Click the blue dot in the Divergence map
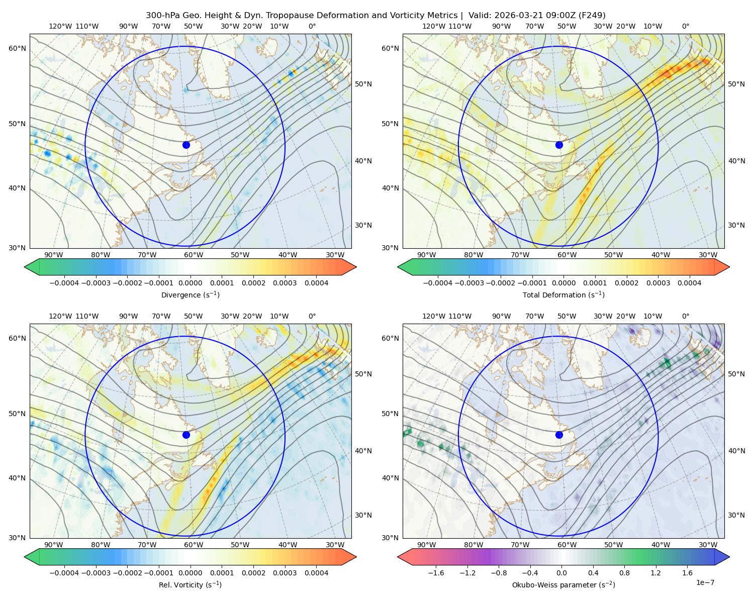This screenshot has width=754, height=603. [x=186, y=145]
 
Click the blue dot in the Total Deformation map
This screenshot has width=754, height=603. [x=559, y=145]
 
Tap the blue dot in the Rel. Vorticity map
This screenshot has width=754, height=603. [x=186, y=435]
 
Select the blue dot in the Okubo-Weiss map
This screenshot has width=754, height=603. [x=559, y=435]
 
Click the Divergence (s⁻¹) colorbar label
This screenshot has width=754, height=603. [x=190, y=294]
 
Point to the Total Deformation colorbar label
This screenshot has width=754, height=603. [x=563, y=294]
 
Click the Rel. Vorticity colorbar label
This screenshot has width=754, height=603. [x=190, y=584]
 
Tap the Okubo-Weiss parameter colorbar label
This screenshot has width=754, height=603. [x=563, y=584]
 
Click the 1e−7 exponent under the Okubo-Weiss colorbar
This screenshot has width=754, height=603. [x=705, y=582]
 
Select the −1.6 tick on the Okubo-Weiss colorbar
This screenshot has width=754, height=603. [x=436, y=573]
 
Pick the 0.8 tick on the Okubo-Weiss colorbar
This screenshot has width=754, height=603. [x=624, y=573]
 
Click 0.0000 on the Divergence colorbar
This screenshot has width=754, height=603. [x=190, y=283]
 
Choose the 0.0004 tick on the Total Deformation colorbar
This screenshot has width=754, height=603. [x=689, y=283]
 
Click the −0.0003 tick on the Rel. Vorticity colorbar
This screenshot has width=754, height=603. [x=96, y=573]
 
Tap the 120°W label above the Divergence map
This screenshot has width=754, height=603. [x=60, y=26]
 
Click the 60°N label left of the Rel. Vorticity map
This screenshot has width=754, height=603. [x=17, y=338]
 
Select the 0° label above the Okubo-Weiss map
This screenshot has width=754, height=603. [x=685, y=316]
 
